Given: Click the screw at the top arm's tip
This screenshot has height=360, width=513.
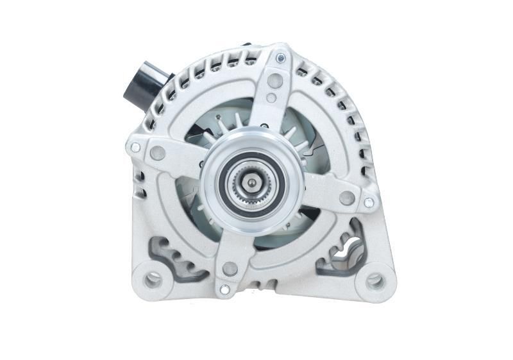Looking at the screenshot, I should pos(281,58).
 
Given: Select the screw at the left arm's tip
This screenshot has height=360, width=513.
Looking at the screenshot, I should pos(135,148).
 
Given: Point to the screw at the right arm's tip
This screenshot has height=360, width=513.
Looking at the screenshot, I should pos(368,203).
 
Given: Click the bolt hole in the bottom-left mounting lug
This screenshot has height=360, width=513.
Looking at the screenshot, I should pos(153,279).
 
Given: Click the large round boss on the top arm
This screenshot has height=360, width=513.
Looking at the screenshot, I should pos(275,81).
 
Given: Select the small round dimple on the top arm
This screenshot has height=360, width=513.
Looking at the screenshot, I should pos(271,98).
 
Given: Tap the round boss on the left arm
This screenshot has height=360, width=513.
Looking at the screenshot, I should pos(157,153).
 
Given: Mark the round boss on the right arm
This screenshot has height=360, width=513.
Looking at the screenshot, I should pos(346,198).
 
